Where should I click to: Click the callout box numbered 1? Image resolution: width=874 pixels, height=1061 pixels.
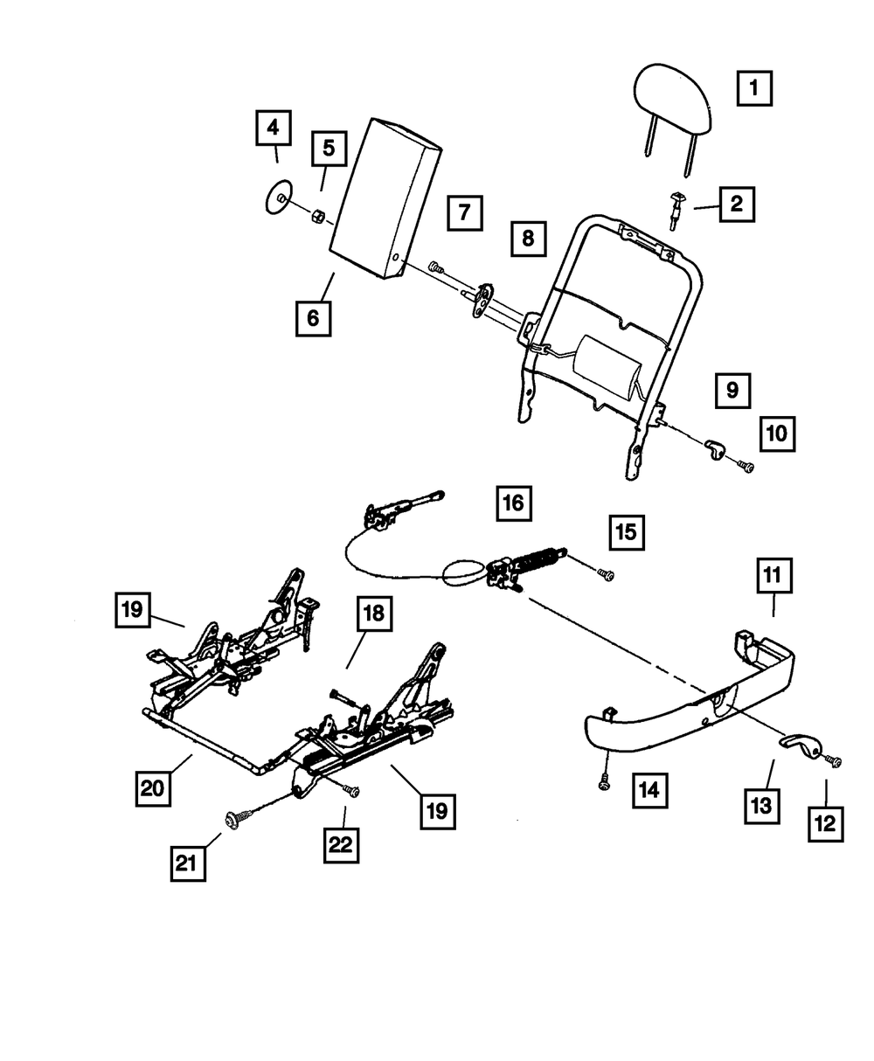[753, 88]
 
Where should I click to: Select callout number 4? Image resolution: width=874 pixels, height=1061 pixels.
[274, 128]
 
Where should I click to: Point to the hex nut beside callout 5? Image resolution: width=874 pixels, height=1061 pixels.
[319, 216]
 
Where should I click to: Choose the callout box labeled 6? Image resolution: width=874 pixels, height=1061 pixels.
[313, 317]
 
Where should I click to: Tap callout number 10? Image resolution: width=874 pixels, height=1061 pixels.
[777, 432]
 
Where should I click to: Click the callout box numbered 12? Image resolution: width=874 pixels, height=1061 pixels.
[826, 823]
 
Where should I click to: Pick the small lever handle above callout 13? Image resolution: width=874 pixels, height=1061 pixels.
[800, 745]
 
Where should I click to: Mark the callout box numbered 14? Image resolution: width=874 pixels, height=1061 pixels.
[651, 791]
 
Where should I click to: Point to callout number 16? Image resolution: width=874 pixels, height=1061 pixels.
[515, 503]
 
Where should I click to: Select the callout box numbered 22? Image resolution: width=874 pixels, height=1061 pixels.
[343, 844]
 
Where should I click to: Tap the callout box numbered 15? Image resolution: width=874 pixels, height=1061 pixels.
[628, 533]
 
